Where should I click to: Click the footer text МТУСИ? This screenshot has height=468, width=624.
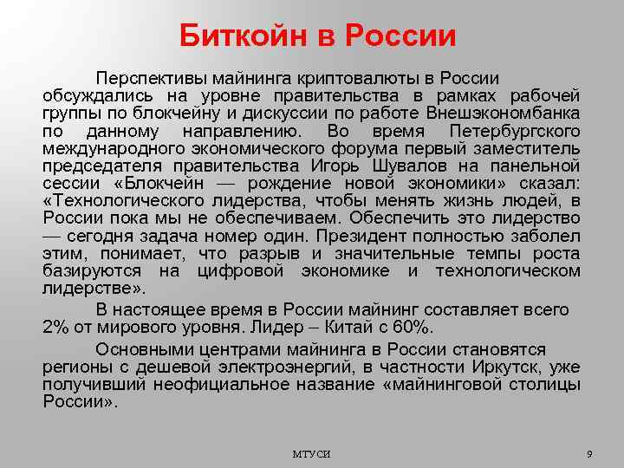click(x=311, y=455)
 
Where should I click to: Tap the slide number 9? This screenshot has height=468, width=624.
click(x=588, y=454)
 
